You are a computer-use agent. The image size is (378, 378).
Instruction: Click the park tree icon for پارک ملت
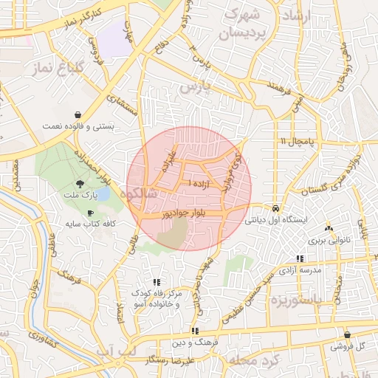click(79, 184)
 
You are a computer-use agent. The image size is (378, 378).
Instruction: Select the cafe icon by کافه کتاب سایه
click(90, 213)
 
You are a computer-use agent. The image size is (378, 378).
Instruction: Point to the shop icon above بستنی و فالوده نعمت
click(78, 114)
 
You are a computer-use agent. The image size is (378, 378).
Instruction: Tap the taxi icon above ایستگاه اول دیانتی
click(275, 208)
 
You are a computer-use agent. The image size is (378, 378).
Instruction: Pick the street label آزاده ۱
click(199, 182)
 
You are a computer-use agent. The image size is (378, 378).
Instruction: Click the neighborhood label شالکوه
click(140, 194)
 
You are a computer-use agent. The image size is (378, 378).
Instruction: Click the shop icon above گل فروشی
click(347, 334)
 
